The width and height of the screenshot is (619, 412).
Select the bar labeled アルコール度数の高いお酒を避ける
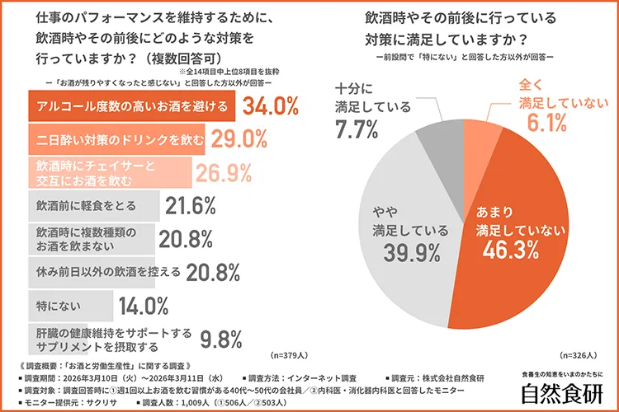coord(132,107)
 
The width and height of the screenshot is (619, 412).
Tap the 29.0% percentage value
coord(239,139)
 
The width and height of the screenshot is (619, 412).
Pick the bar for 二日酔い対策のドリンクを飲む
coord(117,139)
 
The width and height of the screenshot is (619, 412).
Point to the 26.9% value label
coord(223,172)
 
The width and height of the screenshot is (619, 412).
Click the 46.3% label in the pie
coord(512,250)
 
